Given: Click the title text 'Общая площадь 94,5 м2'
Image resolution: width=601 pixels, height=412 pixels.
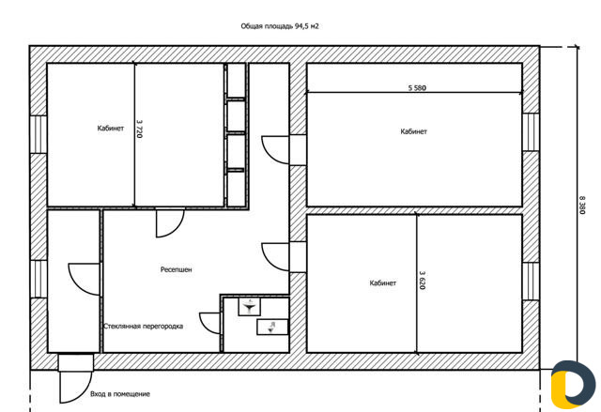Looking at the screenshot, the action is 280,26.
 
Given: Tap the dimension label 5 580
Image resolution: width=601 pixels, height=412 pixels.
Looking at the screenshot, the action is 417,87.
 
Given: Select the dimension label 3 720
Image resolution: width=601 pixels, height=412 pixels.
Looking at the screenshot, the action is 140,129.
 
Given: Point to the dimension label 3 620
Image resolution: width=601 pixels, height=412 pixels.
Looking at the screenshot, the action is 422,280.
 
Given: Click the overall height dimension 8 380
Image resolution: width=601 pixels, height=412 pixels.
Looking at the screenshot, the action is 582,206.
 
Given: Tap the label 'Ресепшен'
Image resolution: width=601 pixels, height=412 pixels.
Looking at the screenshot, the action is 176,269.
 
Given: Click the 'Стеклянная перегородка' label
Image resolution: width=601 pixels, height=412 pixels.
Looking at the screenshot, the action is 143,327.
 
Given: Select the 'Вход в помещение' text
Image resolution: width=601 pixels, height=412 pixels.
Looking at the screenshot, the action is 120,394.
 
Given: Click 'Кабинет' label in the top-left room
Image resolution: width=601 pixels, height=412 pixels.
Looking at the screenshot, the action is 111,129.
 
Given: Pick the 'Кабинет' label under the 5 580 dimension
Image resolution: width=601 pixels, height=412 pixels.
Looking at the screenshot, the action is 413,131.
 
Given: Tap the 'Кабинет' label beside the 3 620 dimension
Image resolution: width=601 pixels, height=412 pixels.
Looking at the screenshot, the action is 382,283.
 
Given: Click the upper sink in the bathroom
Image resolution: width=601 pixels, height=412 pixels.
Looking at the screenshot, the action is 250,307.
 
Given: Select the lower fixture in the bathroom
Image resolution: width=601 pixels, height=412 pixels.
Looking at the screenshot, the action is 272,327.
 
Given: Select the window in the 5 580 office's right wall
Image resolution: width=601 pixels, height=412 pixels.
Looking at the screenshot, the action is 531,131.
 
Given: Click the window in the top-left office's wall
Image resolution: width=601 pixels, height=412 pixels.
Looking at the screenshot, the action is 39,134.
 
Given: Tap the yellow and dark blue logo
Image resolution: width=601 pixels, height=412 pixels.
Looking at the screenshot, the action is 567,384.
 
